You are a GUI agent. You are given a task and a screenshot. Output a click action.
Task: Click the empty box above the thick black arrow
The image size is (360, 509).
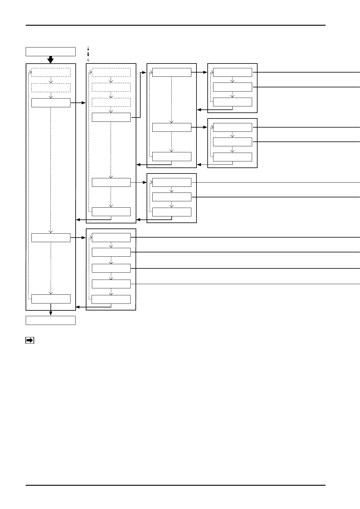[50, 52]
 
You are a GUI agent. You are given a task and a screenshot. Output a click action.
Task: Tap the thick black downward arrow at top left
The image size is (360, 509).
[50, 60]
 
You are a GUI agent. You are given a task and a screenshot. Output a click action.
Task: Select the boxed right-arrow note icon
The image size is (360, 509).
[29, 340]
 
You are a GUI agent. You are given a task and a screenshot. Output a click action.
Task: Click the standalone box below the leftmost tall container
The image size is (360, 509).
[50, 320]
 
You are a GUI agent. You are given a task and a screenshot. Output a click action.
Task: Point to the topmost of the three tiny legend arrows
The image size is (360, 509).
[88, 48]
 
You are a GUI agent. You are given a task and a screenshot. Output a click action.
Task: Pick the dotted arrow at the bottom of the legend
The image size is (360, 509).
[88, 60]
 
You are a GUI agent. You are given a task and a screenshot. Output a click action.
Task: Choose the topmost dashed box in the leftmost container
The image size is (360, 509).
[51, 73]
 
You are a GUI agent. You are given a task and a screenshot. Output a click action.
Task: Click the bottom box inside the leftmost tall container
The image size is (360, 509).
[51, 299]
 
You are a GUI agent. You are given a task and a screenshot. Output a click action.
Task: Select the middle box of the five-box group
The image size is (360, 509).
[111, 268]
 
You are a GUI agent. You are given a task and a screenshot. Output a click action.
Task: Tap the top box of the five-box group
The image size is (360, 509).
[111, 238]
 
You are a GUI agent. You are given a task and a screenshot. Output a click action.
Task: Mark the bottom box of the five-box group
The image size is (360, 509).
[111, 299]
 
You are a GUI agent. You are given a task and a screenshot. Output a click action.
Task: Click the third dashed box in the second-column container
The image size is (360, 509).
[111, 102]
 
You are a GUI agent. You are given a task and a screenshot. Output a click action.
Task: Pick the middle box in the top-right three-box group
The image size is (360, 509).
[232, 87]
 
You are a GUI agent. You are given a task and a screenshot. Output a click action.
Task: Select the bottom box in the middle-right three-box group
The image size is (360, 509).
[232, 157]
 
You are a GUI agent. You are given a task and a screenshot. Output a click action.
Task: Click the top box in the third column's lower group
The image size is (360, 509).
[172, 183]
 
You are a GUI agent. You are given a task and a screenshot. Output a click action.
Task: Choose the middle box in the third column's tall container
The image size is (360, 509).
[172, 127]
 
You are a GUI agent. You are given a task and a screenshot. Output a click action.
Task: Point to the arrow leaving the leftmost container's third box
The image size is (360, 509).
[78, 103]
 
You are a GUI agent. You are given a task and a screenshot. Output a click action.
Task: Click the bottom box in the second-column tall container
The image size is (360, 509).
[111, 212]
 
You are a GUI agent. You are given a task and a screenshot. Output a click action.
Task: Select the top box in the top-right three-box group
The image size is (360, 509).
[232, 73]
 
